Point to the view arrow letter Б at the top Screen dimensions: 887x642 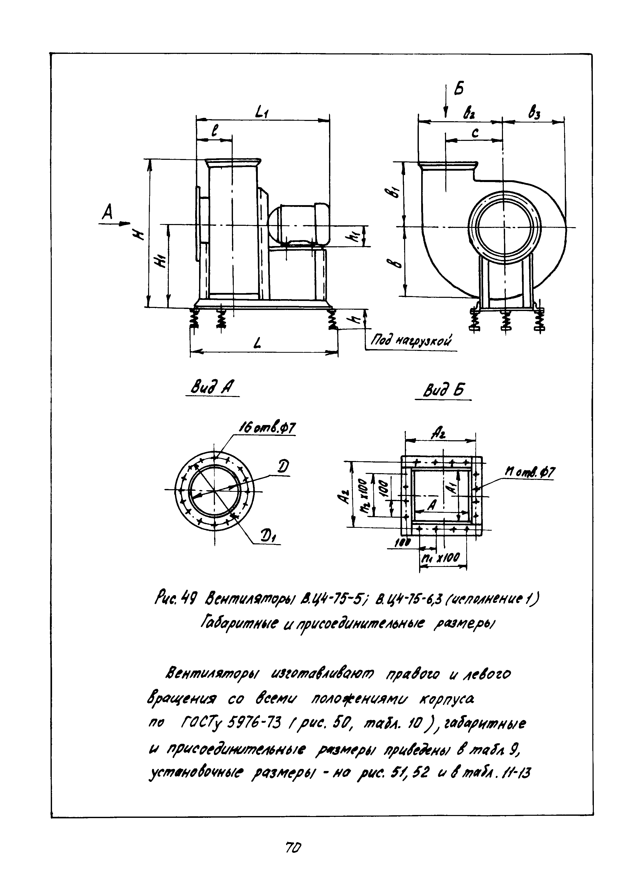coord(459,90)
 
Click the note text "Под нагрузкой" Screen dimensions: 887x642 coord(411,341)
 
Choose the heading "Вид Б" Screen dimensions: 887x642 coord(443,390)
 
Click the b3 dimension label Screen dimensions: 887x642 coord(533,113)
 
